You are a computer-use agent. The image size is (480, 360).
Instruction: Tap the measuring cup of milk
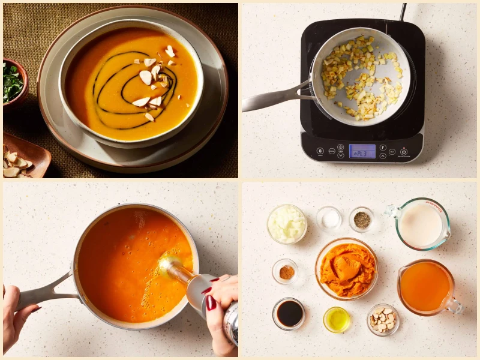coord(420,224)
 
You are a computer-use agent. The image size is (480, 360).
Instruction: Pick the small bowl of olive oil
coord(336,319)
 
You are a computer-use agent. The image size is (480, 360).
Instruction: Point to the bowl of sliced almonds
coord(382,319)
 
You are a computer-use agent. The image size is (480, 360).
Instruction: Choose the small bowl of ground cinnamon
coord(285,272)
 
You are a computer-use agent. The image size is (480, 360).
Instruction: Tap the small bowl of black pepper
coord(361,220)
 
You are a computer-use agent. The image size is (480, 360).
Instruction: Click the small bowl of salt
coord(329,219)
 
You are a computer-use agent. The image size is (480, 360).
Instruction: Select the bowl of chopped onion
coord(287,224)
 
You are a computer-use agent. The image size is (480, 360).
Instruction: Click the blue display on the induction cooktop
coord(362,151)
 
